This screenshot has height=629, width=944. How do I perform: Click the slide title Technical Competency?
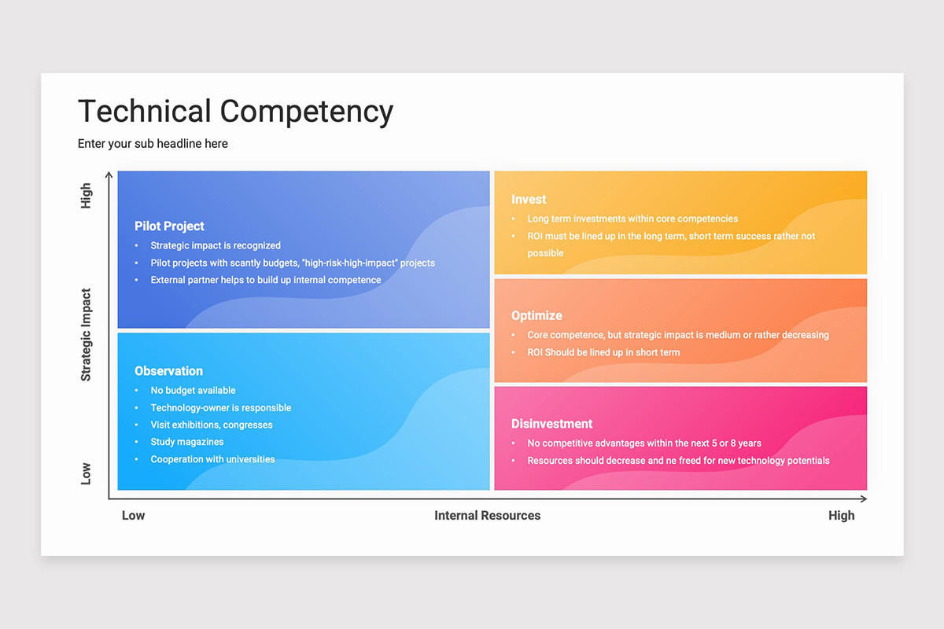coord(235,112)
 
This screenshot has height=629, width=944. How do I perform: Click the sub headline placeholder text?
coord(153,144)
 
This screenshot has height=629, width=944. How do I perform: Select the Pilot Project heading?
coord(169,226)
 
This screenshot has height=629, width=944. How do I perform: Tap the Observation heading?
coord(168,371)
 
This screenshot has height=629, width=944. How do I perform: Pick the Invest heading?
coord(529,199)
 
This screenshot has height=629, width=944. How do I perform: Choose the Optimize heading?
coord(537,315)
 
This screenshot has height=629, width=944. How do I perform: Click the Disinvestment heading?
coord(551,424)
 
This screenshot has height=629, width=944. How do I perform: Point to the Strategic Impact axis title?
coord(86,335)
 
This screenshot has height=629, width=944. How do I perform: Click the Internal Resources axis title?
coord(487,515)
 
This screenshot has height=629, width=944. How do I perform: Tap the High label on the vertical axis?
coord(86,196)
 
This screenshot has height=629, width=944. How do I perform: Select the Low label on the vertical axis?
coord(86,473)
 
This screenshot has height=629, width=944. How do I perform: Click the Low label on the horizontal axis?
coord(133,515)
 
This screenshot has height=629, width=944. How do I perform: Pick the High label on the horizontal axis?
coord(841,515)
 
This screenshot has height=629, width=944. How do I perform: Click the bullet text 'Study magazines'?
coord(187,442)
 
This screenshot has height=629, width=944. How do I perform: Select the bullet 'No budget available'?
coord(193,391)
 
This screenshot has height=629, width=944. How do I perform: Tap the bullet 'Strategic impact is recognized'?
coord(216,245)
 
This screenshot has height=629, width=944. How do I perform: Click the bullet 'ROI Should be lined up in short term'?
coord(603,352)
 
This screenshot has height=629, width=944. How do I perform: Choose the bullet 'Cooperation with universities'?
coord(213,459)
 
